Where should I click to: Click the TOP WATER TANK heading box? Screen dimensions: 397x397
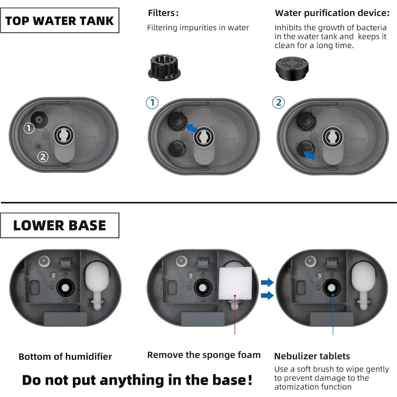(60, 20)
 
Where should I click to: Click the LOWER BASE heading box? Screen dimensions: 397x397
(60, 225)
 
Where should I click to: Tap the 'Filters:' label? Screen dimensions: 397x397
(163, 13)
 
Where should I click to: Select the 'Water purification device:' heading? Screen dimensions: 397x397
(332, 13)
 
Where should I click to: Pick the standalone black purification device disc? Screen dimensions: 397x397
(292, 68)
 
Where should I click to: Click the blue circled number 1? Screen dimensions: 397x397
(152, 103)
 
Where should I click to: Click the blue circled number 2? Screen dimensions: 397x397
(278, 103)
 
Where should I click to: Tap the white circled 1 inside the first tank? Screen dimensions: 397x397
(29, 128)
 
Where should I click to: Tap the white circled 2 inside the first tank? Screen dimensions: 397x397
(43, 157)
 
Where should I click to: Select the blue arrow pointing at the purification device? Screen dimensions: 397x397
(309, 155)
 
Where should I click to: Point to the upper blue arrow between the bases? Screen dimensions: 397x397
(267, 282)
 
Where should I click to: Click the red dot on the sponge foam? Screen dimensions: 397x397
(235, 295)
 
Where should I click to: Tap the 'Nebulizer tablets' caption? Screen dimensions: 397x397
(312, 356)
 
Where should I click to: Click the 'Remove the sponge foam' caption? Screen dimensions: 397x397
(204, 355)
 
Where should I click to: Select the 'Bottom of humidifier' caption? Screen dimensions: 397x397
(65, 356)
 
